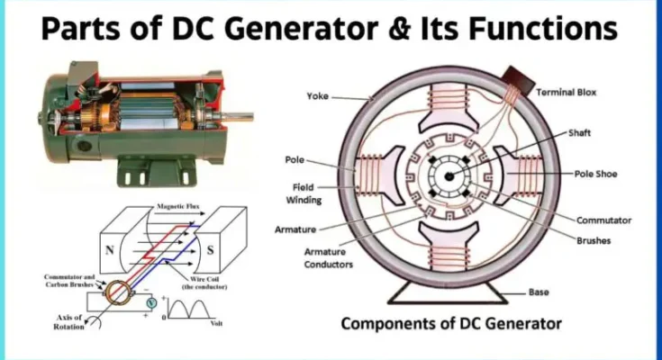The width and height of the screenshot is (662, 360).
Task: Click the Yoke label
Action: pos(317,96)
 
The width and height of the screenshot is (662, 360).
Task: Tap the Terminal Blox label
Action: pos(567,93)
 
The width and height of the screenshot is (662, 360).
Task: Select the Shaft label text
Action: pos(579,133)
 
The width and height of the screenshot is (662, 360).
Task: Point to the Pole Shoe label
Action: pos(595,174)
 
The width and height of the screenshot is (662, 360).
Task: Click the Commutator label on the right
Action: pos(603,220)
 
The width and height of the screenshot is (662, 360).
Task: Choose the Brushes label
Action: pos(594,240)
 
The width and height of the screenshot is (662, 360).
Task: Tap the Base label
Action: pos(539,292)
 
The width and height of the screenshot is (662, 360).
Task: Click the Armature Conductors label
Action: pos(329,258)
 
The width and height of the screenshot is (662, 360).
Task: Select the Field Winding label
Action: pos(304,193)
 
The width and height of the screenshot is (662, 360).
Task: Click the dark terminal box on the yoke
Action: pos(518,80)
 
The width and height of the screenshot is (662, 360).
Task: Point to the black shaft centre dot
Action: pos(449,176)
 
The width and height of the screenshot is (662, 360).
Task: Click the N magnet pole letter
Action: pos(109,250)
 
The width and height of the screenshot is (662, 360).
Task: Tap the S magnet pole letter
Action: pos(210,250)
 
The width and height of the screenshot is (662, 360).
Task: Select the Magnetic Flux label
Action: pos(177,206)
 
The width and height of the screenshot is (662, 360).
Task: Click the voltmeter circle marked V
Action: pos(151,303)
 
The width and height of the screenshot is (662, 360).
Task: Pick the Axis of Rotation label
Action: pos(69,322)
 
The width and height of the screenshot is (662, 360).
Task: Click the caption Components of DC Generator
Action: pos(451,324)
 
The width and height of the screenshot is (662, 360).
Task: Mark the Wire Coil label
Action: pos(204,283)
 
